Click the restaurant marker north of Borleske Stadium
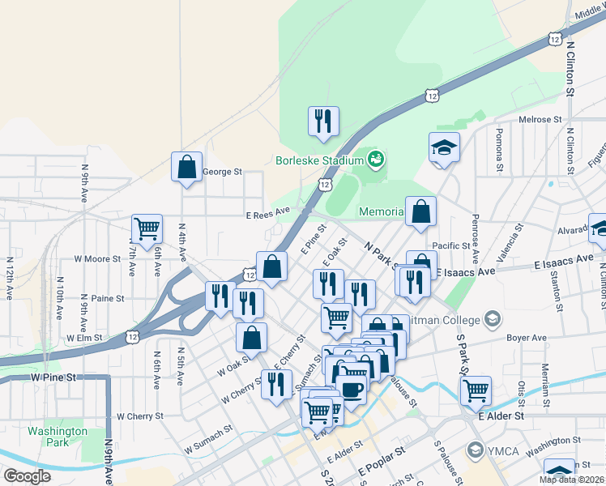(x=324, y=121)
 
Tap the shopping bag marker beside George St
(x=186, y=167)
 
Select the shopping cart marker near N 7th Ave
(x=147, y=228)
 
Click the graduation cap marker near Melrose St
(x=444, y=147)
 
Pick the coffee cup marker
(x=352, y=389)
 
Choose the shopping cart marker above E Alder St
(x=476, y=390)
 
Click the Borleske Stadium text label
(x=318, y=160)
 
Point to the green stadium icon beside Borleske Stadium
(x=375, y=159)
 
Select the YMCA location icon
(x=475, y=448)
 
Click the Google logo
(x=27, y=475)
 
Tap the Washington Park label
(x=57, y=437)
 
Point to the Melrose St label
(x=540, y=120)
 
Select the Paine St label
(x=108, y=298)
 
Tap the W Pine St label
(x=53, y=377)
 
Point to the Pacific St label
(x=451, y=246)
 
